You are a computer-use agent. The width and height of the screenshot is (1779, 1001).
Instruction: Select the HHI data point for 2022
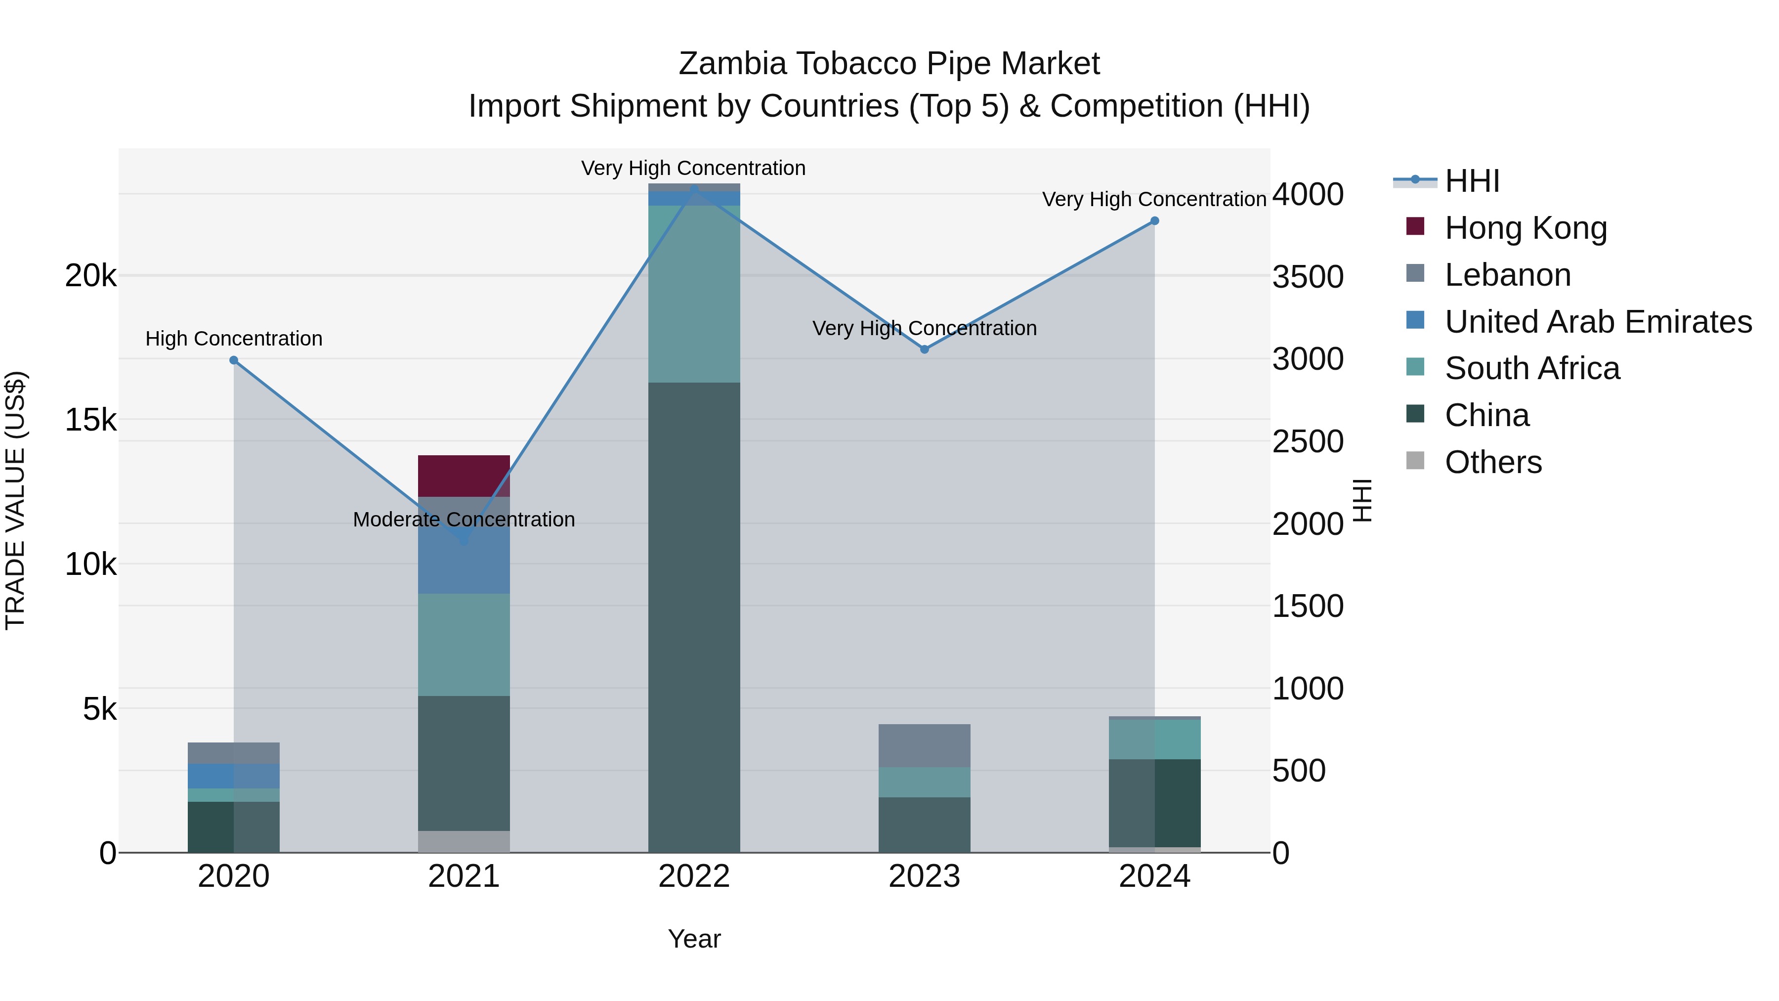[x=694, y=189]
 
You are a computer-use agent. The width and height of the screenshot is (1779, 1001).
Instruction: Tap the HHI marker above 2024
[x=1155, y=221]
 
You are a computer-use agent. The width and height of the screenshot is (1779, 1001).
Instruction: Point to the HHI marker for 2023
[x=925, y=349]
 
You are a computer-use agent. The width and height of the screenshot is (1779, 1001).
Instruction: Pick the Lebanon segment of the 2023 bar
[x=924, y=745]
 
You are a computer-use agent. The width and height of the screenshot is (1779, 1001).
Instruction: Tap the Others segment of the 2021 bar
[x=464, y=841]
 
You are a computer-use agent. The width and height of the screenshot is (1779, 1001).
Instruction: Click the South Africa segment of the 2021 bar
[x=464, y=645]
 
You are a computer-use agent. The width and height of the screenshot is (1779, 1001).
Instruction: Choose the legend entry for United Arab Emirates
[x=1598, y=322]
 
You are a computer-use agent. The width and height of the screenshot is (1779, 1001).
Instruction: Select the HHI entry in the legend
[x=1472, y=181]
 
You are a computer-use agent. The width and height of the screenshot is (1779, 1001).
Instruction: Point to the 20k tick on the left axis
[x=90, y=276]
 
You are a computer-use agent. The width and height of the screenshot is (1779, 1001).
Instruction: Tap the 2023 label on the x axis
[x=924, y=876]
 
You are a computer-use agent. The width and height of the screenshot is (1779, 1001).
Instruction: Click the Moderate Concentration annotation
[x=464, y=520]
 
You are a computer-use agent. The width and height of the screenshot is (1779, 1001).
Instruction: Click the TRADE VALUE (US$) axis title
[x=15, y=500]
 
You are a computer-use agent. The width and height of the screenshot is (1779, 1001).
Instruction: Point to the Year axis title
[x=694, y=939]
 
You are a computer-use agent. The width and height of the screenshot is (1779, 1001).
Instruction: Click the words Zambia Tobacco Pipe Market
[x=889, y=64]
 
